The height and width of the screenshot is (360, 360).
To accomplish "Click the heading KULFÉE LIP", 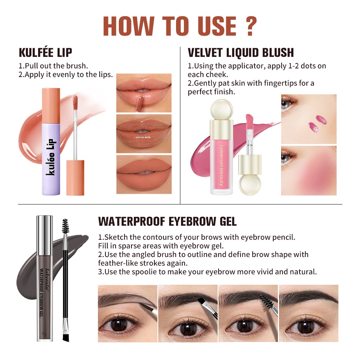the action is point(45,52).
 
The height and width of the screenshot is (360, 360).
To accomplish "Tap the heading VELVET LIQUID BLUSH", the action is point(240,53).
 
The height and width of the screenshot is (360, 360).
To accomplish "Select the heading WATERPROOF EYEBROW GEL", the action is point(167,221).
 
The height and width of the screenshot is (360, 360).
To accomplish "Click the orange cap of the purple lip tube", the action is point(51,105).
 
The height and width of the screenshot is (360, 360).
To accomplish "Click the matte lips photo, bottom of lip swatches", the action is point(144,175).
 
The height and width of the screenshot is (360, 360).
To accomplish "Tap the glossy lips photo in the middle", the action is point(144,134).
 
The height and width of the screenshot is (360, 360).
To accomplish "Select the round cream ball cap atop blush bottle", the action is point(221,109).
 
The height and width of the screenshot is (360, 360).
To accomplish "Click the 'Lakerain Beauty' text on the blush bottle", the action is point(221,165).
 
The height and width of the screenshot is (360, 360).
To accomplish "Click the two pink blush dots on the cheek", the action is point(317,123).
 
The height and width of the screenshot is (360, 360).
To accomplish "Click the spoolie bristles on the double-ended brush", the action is point(66,226).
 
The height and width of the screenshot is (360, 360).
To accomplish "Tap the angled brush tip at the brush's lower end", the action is point(66,335).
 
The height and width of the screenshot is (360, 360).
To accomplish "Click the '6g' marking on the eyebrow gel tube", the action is point(44,333).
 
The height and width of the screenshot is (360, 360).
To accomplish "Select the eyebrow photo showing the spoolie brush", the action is point(248,314).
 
